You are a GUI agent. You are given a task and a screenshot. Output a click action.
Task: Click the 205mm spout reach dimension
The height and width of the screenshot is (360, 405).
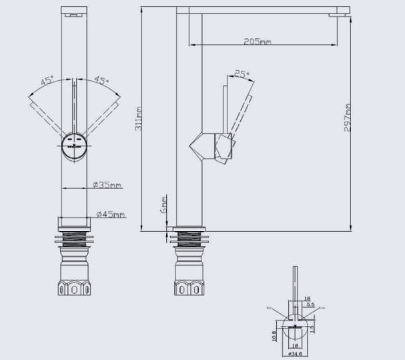click(258, 41)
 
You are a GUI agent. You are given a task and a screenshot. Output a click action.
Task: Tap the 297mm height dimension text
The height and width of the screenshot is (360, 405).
click(348, 117)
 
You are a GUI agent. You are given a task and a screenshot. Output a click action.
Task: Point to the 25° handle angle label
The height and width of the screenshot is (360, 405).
click(242, 74)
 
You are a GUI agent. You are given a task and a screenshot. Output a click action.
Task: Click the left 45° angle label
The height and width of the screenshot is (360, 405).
click(47, 81)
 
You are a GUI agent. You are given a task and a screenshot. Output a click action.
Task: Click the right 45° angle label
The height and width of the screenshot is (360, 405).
click(101, 81)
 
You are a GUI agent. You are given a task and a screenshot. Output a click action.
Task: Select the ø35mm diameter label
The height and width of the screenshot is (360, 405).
click(107, 185)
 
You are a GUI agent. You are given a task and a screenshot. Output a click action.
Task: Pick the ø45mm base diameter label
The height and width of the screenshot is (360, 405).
click(110, 214)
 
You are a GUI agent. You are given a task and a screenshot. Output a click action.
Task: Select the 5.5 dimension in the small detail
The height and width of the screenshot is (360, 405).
click(310, 305)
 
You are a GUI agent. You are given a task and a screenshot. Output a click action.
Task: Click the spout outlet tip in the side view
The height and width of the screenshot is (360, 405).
click(343, 11)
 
